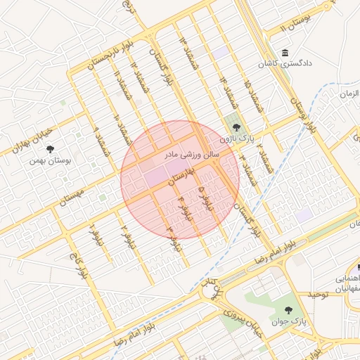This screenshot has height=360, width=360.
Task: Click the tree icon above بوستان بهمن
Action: (x=50, y=149)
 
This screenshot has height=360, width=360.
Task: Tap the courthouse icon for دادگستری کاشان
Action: (x=284, y=53)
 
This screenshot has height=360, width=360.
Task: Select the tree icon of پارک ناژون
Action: (x=235, y=127)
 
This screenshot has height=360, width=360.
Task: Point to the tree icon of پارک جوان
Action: (x=288, y=309)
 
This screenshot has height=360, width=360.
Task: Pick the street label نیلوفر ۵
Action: (x=205, y=199)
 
